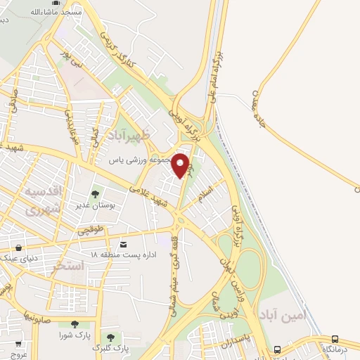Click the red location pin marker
click(181, 165)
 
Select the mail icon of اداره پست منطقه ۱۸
click(124, 244)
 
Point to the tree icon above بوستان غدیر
click(95, 194)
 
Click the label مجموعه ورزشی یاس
click(143, 160)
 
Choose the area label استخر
click(69, 266)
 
